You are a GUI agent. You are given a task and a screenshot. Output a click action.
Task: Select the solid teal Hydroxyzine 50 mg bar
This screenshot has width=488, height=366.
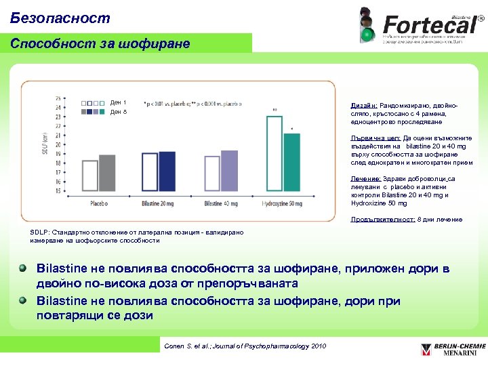tap(291, 163)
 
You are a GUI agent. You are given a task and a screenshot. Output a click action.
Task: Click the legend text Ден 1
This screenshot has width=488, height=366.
tap(119, 103)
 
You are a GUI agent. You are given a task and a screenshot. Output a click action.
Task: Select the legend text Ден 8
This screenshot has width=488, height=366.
tap(119, 112)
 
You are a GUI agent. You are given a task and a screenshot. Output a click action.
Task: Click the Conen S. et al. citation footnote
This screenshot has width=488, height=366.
tap(245, 346)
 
